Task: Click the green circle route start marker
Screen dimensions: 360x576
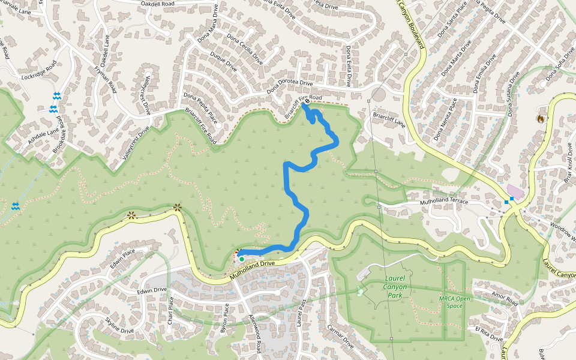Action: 241,259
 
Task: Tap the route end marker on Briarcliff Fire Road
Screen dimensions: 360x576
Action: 307,102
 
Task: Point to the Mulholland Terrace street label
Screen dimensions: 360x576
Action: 443,202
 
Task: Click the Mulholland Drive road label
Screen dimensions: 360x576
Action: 252,269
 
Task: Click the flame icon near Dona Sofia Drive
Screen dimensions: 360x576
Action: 541,119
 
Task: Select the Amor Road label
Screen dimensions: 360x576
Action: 504,299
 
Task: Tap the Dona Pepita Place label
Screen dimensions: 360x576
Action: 200,108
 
